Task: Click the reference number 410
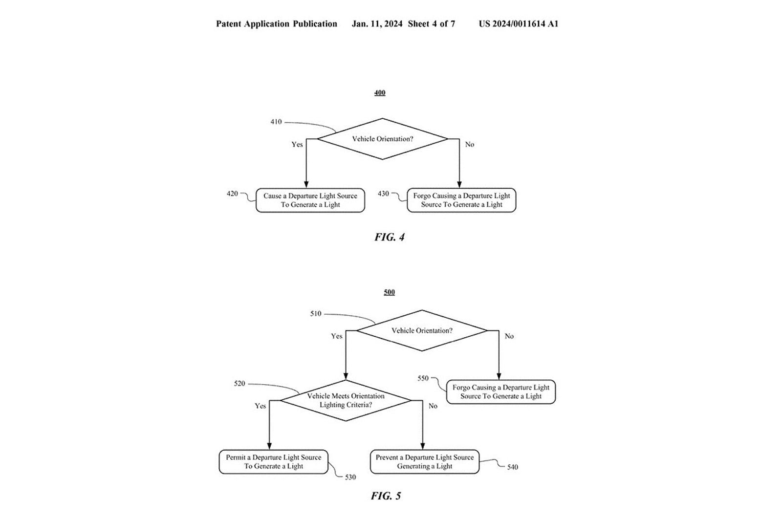point(276,122)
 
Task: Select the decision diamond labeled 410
point(383,139)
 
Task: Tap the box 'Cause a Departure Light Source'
point(310,200)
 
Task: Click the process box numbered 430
point(461,200)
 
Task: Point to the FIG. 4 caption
point(390,237)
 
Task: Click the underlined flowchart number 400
point(380,93)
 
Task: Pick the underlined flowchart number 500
point(389,292)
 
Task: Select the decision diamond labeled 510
point(422,330)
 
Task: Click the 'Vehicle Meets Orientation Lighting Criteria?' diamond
point(346,400)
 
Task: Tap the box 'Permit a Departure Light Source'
point(273,462)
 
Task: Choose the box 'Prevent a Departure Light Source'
point(425,462)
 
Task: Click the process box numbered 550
point(501,392)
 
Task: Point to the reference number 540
point(512,467)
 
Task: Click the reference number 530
point(350,477)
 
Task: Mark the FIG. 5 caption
point(386,496)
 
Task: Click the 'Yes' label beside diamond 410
point(297,145)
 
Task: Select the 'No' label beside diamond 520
point(433,406)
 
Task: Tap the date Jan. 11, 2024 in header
point(377,24)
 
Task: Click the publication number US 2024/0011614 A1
point(518,24)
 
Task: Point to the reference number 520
point(239,384)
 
